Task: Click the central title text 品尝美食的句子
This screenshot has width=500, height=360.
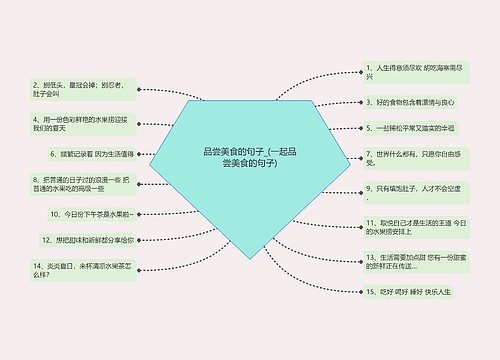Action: (250, 156)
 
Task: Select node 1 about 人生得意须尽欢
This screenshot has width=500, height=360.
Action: (413, 72)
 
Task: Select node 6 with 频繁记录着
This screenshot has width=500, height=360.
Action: (91, 154)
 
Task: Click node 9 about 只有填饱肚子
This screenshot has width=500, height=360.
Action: (413, 188)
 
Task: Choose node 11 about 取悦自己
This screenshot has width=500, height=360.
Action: (413, 226)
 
